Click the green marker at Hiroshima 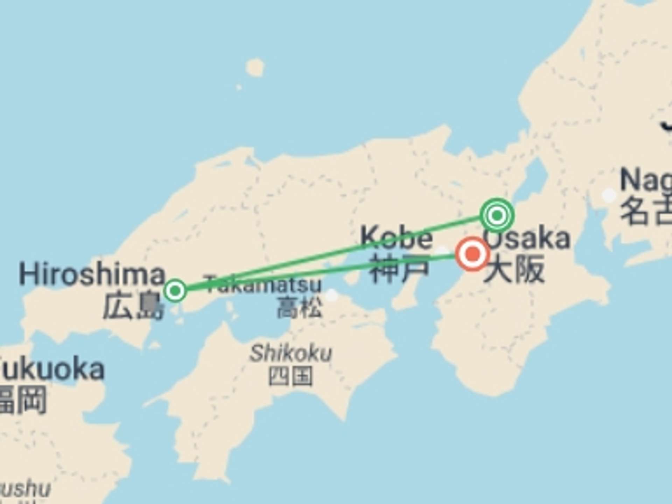point(175,290)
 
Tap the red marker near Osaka point(472,254)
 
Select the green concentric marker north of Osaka point(497,215)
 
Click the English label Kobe point(396,238)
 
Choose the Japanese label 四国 point(290,376)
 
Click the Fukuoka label point(52,369)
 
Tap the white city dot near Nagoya point(609,195)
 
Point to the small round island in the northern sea point(255,67)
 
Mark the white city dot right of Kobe point(442,251)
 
